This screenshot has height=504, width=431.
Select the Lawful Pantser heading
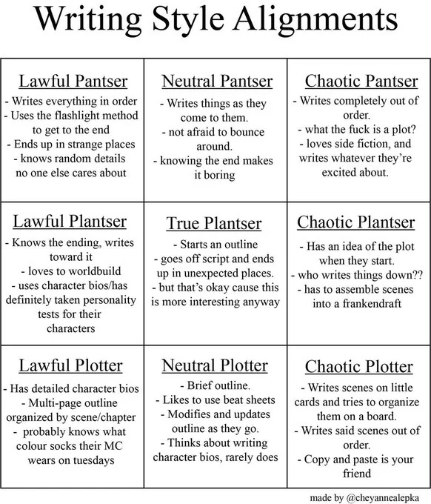[x=73, y=81]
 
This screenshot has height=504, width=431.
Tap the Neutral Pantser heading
[x=217, y=81]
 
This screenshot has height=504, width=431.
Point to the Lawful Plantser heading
[x=70, y=221]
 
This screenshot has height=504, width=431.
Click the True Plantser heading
[x=214, y=223]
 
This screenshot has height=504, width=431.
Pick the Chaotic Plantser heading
[x=356, y=222]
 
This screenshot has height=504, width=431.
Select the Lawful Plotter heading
[x=71, y=365]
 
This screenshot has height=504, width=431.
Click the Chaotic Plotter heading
[x=359, y=367]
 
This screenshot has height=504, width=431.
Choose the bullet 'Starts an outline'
[x=215, y=244]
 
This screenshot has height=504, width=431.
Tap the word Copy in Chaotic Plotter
[x=321, y=460]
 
